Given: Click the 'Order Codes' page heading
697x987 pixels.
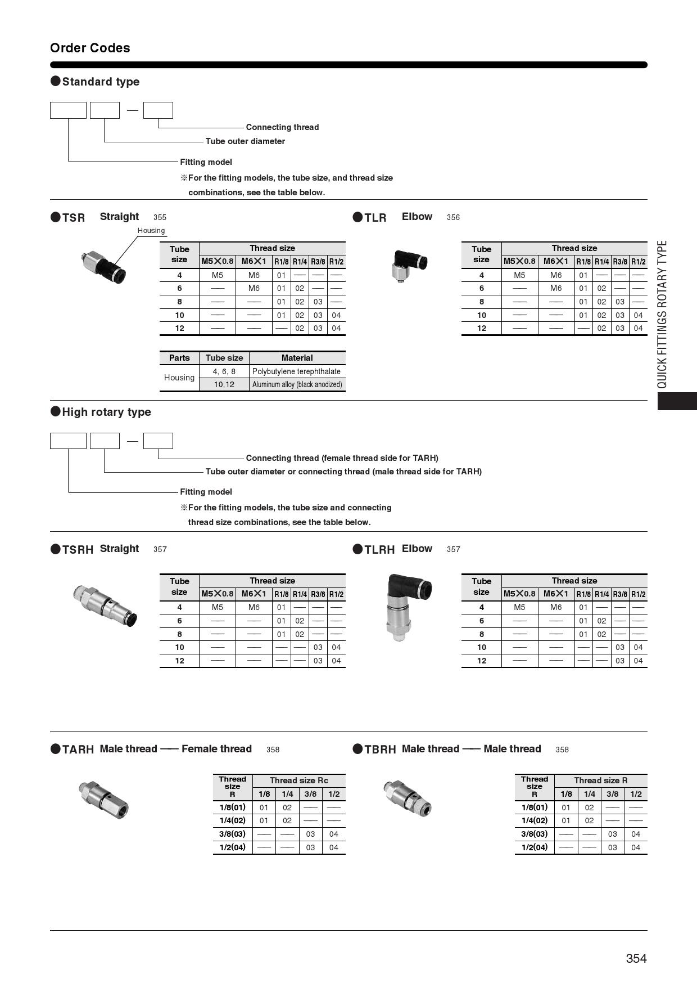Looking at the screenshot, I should pyautogui.click(x=90, y=48).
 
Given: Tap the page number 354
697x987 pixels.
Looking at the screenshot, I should pyautogui.click(x=636, y=958).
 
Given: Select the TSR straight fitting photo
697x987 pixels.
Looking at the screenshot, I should pyautogui.click(x=103, y=267).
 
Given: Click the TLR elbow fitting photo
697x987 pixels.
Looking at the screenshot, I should pyautogui.click(x=409, y=265).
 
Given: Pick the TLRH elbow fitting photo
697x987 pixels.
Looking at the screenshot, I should pyautogui.click(x=408, y=606).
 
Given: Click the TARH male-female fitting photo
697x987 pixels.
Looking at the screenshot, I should pyautogui.click(x=104, y=799).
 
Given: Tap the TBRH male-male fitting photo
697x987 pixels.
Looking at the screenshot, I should pyautogui.click(x=408, y=797).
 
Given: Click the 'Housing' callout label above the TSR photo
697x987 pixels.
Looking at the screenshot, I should pyautogui.click(x=151, y=230).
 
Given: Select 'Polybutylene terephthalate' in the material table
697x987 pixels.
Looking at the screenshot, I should pyautogui.click(x=296, y=371).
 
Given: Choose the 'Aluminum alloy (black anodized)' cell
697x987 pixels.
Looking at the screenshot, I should pyautogui.click(x=297, y=384).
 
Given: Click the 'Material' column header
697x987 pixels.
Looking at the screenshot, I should pyautogui.click(x=297, y=358).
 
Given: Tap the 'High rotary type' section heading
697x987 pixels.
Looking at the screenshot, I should pyautogui.click(x=106, y=412).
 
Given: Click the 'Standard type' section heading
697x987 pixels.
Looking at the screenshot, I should pyautogui.click(x=101, y=82).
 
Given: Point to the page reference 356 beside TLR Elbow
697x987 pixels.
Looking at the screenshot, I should pyautogui.click(x=453, y=217).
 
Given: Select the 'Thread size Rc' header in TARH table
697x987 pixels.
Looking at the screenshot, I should pyautogui.click(x=298, y=780).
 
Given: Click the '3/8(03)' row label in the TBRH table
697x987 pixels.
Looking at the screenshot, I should pyautogui.click(x=534, y=834).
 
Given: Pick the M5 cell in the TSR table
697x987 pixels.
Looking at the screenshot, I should pyautogui.click(x=218, y=275).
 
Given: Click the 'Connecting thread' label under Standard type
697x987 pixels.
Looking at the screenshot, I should pyautogui.click(x=282, y=127).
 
